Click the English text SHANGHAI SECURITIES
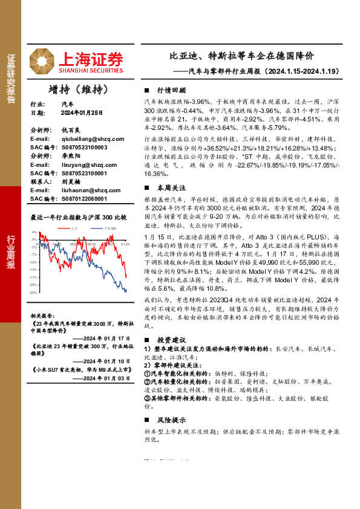click(91, 68)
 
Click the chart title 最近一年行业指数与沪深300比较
click(78, 217)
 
